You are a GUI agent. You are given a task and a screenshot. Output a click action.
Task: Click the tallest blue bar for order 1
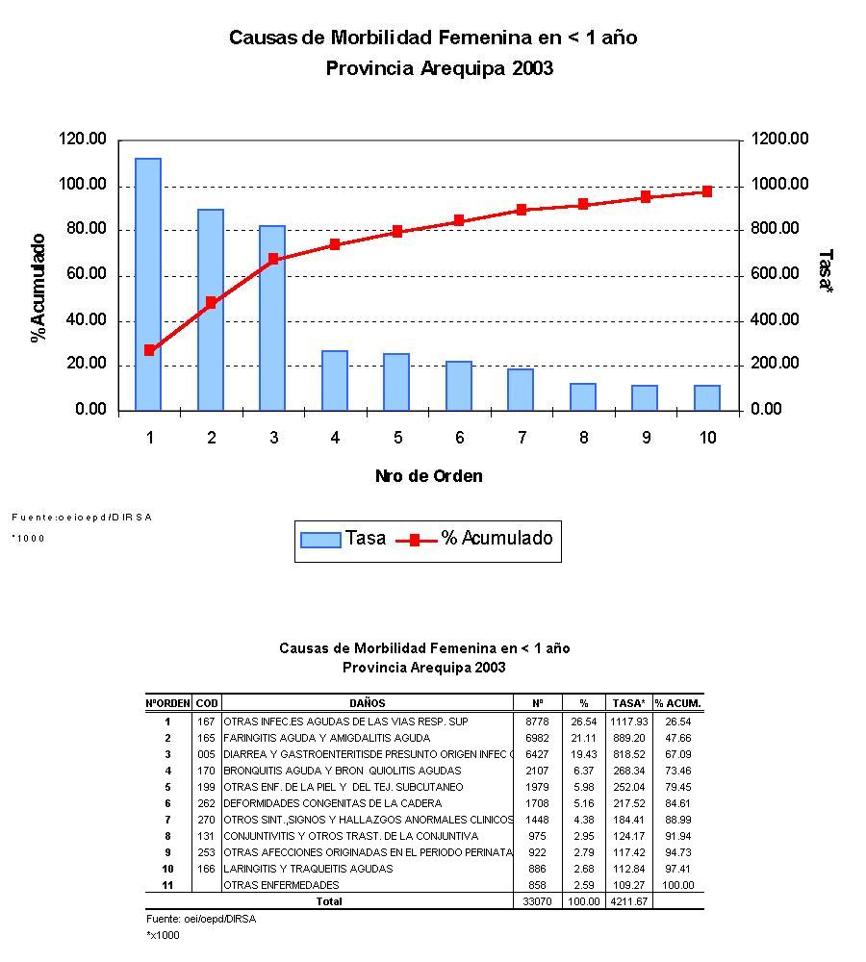point(148,284)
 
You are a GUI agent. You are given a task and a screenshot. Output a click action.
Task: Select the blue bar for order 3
point(272,317)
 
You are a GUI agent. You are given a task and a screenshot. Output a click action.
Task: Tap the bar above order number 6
point(459,386)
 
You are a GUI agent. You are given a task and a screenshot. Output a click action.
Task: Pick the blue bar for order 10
point(707,397)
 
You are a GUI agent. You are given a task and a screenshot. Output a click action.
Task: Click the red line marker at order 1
point(149,350)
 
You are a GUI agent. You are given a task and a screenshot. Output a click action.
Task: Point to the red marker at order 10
point(707,191)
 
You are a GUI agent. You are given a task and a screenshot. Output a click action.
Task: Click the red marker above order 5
point(397,232)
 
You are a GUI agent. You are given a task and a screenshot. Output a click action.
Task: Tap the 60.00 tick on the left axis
point(83,275)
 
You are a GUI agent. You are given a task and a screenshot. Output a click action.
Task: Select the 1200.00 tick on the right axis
point(780,139)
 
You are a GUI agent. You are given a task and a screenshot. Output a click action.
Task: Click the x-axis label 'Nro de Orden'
point(428,476)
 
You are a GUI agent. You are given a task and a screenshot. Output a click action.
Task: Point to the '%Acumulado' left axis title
point(38,288)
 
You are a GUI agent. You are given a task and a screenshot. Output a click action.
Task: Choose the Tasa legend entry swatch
point(320,540)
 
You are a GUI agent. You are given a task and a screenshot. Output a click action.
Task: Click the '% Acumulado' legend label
point(497,539)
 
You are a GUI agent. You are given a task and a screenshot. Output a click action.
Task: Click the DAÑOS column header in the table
point(368,703)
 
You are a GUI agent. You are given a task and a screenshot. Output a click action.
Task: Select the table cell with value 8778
point(537,721)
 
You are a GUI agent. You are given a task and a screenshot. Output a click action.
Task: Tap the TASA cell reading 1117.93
point(629,721)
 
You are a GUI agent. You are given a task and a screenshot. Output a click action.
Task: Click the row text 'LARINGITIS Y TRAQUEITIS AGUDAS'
point(308,869)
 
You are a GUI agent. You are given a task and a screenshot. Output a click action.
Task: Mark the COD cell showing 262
point(206,803)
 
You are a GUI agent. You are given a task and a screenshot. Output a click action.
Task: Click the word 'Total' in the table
point(329,901)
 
